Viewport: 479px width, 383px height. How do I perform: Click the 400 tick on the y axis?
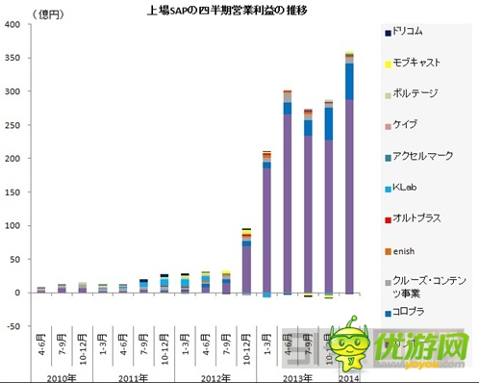14,25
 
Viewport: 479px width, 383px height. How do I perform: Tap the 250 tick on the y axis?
14,125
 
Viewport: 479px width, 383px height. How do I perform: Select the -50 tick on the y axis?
14,326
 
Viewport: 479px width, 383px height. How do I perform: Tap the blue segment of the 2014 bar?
348,82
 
